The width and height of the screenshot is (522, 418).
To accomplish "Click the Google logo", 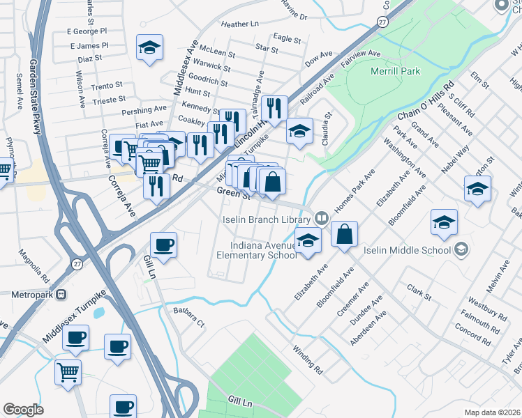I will pos(23,409).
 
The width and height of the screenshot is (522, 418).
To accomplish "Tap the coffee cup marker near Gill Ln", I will pos(163,245).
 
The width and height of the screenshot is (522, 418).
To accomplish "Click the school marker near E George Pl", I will pos(149,47).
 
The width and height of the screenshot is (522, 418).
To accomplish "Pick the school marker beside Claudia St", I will pos(299,130).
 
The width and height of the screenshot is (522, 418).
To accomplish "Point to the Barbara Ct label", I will pos(191,318).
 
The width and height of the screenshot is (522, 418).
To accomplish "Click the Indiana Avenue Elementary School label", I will pos(266,250).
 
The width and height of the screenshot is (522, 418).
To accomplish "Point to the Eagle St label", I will pos(287,38).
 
